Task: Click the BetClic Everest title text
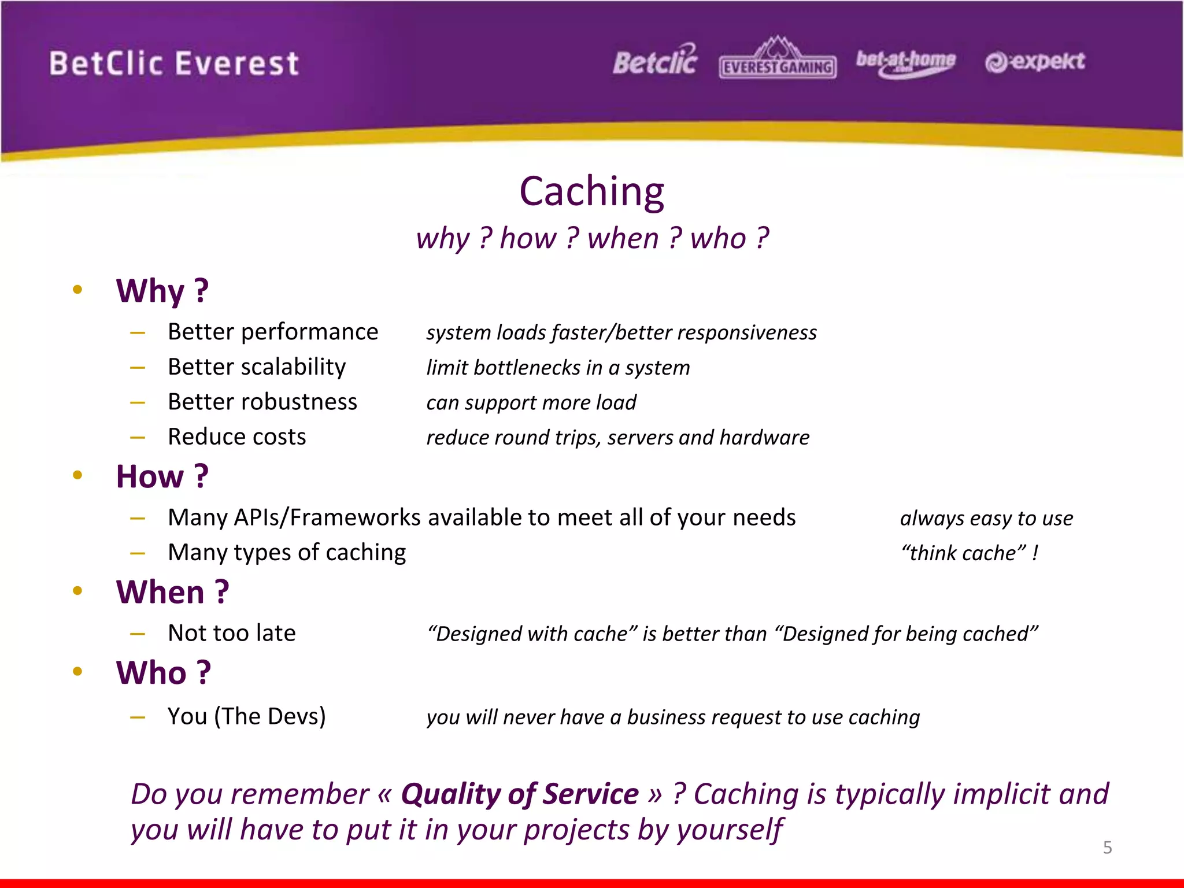click(174, 64)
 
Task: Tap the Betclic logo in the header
click(655, 61)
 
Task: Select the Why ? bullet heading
click(162, 291)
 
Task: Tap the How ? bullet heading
click(162, 476)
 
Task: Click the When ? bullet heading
click(172, 593)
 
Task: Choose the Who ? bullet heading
click(164, 673)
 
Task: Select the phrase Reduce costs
click(237, 437)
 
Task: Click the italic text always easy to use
click(986, 519)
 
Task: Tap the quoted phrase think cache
click(963, 553)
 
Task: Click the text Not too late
click(232, 633)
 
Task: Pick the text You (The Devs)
click(247, 716)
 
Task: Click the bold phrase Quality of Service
click(520, 794)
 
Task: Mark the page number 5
click(1107, 848)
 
